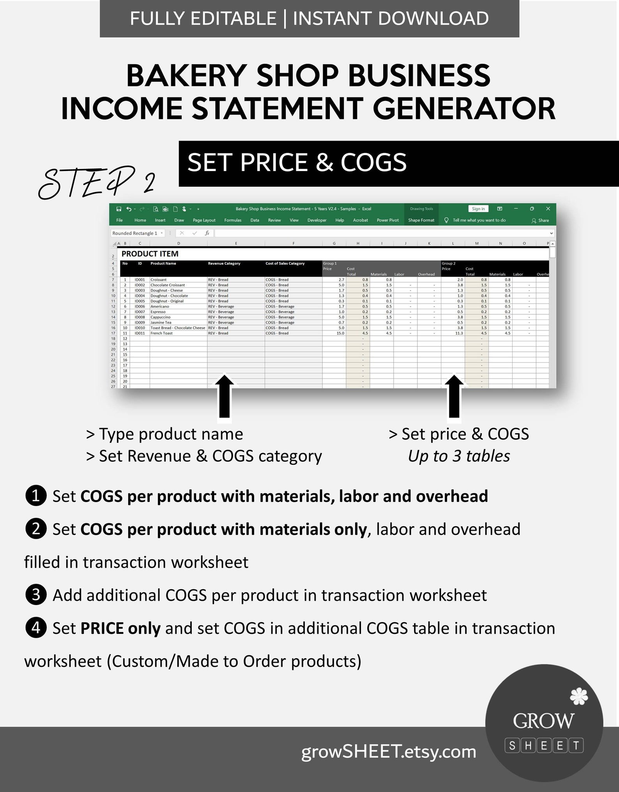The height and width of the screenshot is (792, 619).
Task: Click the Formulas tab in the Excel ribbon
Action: click(x=233, y=220)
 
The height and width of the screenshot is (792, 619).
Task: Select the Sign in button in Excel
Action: click(x=478, y=209)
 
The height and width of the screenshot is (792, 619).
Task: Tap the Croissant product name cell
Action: click(x=159, y=280)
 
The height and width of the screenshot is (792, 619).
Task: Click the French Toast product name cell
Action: click(x=161, y=333)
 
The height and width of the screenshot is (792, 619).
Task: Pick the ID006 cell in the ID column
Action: click(x=140, y=307)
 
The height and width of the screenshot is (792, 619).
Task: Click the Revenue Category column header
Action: click(x=224, y=264)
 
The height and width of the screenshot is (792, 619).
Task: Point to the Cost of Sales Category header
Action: click(x=285, y=264)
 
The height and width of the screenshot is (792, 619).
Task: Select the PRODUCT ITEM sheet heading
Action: click(x=150, y=254)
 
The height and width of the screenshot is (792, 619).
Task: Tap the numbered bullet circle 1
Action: click(x=36, y=496)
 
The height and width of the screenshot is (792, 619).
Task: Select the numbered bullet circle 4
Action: click(x=36, y=628)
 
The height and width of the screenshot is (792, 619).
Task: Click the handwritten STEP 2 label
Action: click(x=97, y=182)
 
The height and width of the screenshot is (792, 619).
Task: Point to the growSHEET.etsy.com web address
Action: click(x=389, y=751)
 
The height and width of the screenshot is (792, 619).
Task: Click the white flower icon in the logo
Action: click(x=578, y=697)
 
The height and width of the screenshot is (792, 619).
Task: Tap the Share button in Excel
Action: click(x=540, y=220)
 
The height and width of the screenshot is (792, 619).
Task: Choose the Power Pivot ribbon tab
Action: click(x=387, y=220)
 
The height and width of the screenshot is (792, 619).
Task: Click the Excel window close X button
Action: click(x=548, y=209)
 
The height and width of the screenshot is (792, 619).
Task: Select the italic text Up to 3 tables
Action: click(x=459, y=456)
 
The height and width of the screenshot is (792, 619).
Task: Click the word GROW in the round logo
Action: click(x=543, y=721)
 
